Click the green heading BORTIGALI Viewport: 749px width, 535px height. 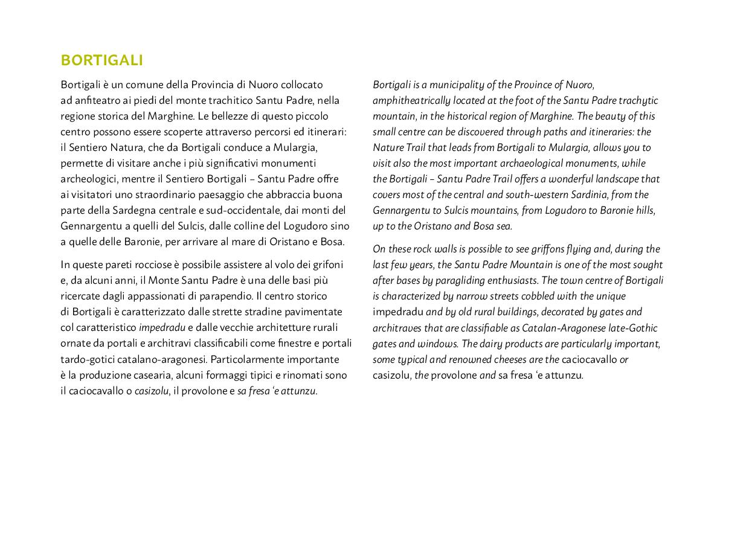click(101, 60)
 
